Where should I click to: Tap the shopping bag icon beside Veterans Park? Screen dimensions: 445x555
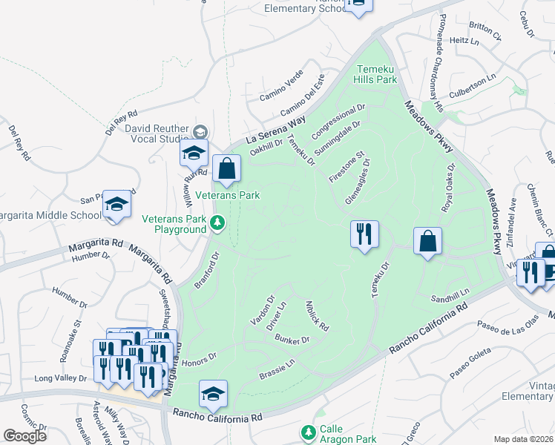click(227, 170)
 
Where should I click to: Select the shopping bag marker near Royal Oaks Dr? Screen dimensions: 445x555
click(428, 242)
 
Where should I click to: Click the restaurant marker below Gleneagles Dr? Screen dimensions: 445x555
click(364, 235)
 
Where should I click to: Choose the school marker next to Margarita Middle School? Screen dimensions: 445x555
click(116, 205)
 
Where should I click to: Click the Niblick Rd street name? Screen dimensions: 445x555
click(317, 315)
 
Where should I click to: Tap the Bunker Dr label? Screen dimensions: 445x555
click(292, 340)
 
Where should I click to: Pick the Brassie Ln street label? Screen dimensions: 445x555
click(277, 371)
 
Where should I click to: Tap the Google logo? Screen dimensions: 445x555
click(24, 435)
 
